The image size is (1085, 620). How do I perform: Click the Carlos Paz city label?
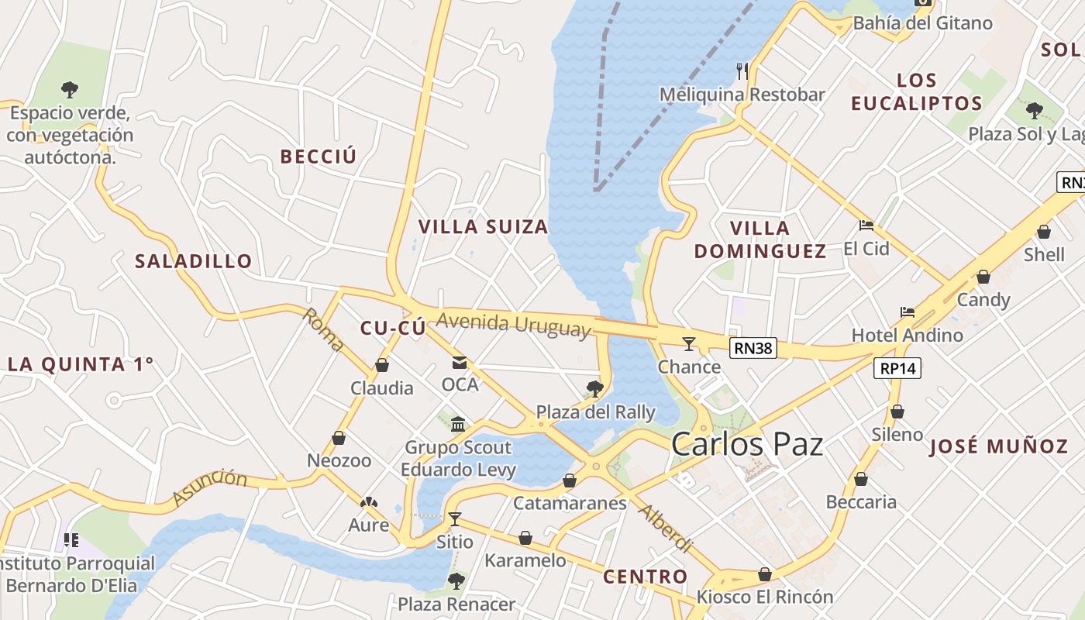click(746, 444)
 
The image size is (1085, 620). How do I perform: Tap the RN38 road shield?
click(753, 348)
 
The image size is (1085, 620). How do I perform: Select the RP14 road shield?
click(898, 368)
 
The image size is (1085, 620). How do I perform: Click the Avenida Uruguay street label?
click(513, 324)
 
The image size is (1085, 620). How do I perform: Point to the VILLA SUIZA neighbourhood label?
click(483, 227)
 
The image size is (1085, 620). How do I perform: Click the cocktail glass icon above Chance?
click(688, 343)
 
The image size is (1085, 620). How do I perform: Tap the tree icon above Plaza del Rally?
click(595, 388)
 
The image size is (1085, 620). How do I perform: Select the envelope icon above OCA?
click(460, 362)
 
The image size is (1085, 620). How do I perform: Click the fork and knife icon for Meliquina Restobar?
click(742, 71)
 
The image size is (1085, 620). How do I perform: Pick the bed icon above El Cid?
click(866, 226)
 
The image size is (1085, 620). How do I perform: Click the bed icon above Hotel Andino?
click(908, 312)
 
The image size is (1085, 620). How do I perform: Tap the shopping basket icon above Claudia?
click(381, 364)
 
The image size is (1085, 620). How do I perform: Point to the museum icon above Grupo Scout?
click(458, 424)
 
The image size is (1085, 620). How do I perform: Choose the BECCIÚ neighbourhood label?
click(319, 157)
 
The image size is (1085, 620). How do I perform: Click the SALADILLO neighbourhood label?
click(194, 261)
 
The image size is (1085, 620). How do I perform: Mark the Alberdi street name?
click(665, 529)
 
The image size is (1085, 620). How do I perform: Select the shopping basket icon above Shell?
click(1044, 232)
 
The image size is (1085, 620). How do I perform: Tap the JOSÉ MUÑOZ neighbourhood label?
click(998, 446)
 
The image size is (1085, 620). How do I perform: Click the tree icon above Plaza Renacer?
click(456, 580)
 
